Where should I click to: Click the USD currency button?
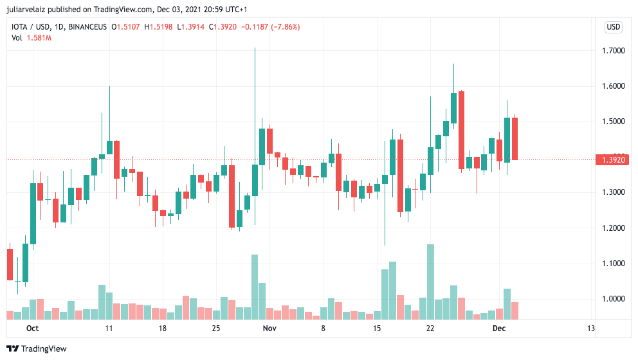click(614, 27)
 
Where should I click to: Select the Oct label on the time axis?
click(33, 328)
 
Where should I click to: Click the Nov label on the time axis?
click(269, 328)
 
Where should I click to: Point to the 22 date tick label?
click(430, 328)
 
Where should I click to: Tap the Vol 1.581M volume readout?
click(31, 38)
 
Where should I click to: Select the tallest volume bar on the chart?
click(430, 282)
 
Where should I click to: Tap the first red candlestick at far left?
click(10, 264)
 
